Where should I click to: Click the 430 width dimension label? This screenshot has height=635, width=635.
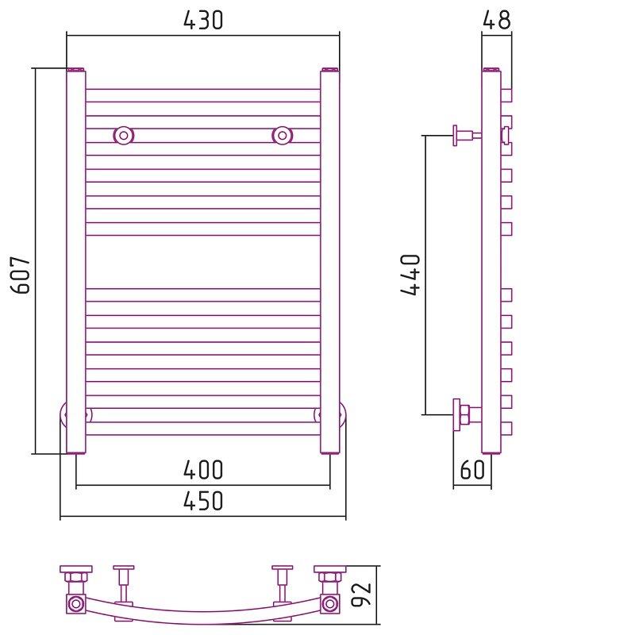tap(203, 21)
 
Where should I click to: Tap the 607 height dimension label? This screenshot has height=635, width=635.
tap(21, 274)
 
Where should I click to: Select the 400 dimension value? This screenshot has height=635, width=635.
tap(203, 470)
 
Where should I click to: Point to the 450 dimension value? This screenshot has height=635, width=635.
tap(203, 501)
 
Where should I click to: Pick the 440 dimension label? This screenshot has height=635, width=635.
tap(410, 275)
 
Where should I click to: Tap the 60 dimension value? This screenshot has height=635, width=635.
tap(472, 470)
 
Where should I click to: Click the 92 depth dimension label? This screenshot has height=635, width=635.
tap(361, 595)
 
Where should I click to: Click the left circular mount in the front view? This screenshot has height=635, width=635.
tap(123, 135)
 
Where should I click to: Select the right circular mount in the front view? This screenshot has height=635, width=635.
tap(282, 135)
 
